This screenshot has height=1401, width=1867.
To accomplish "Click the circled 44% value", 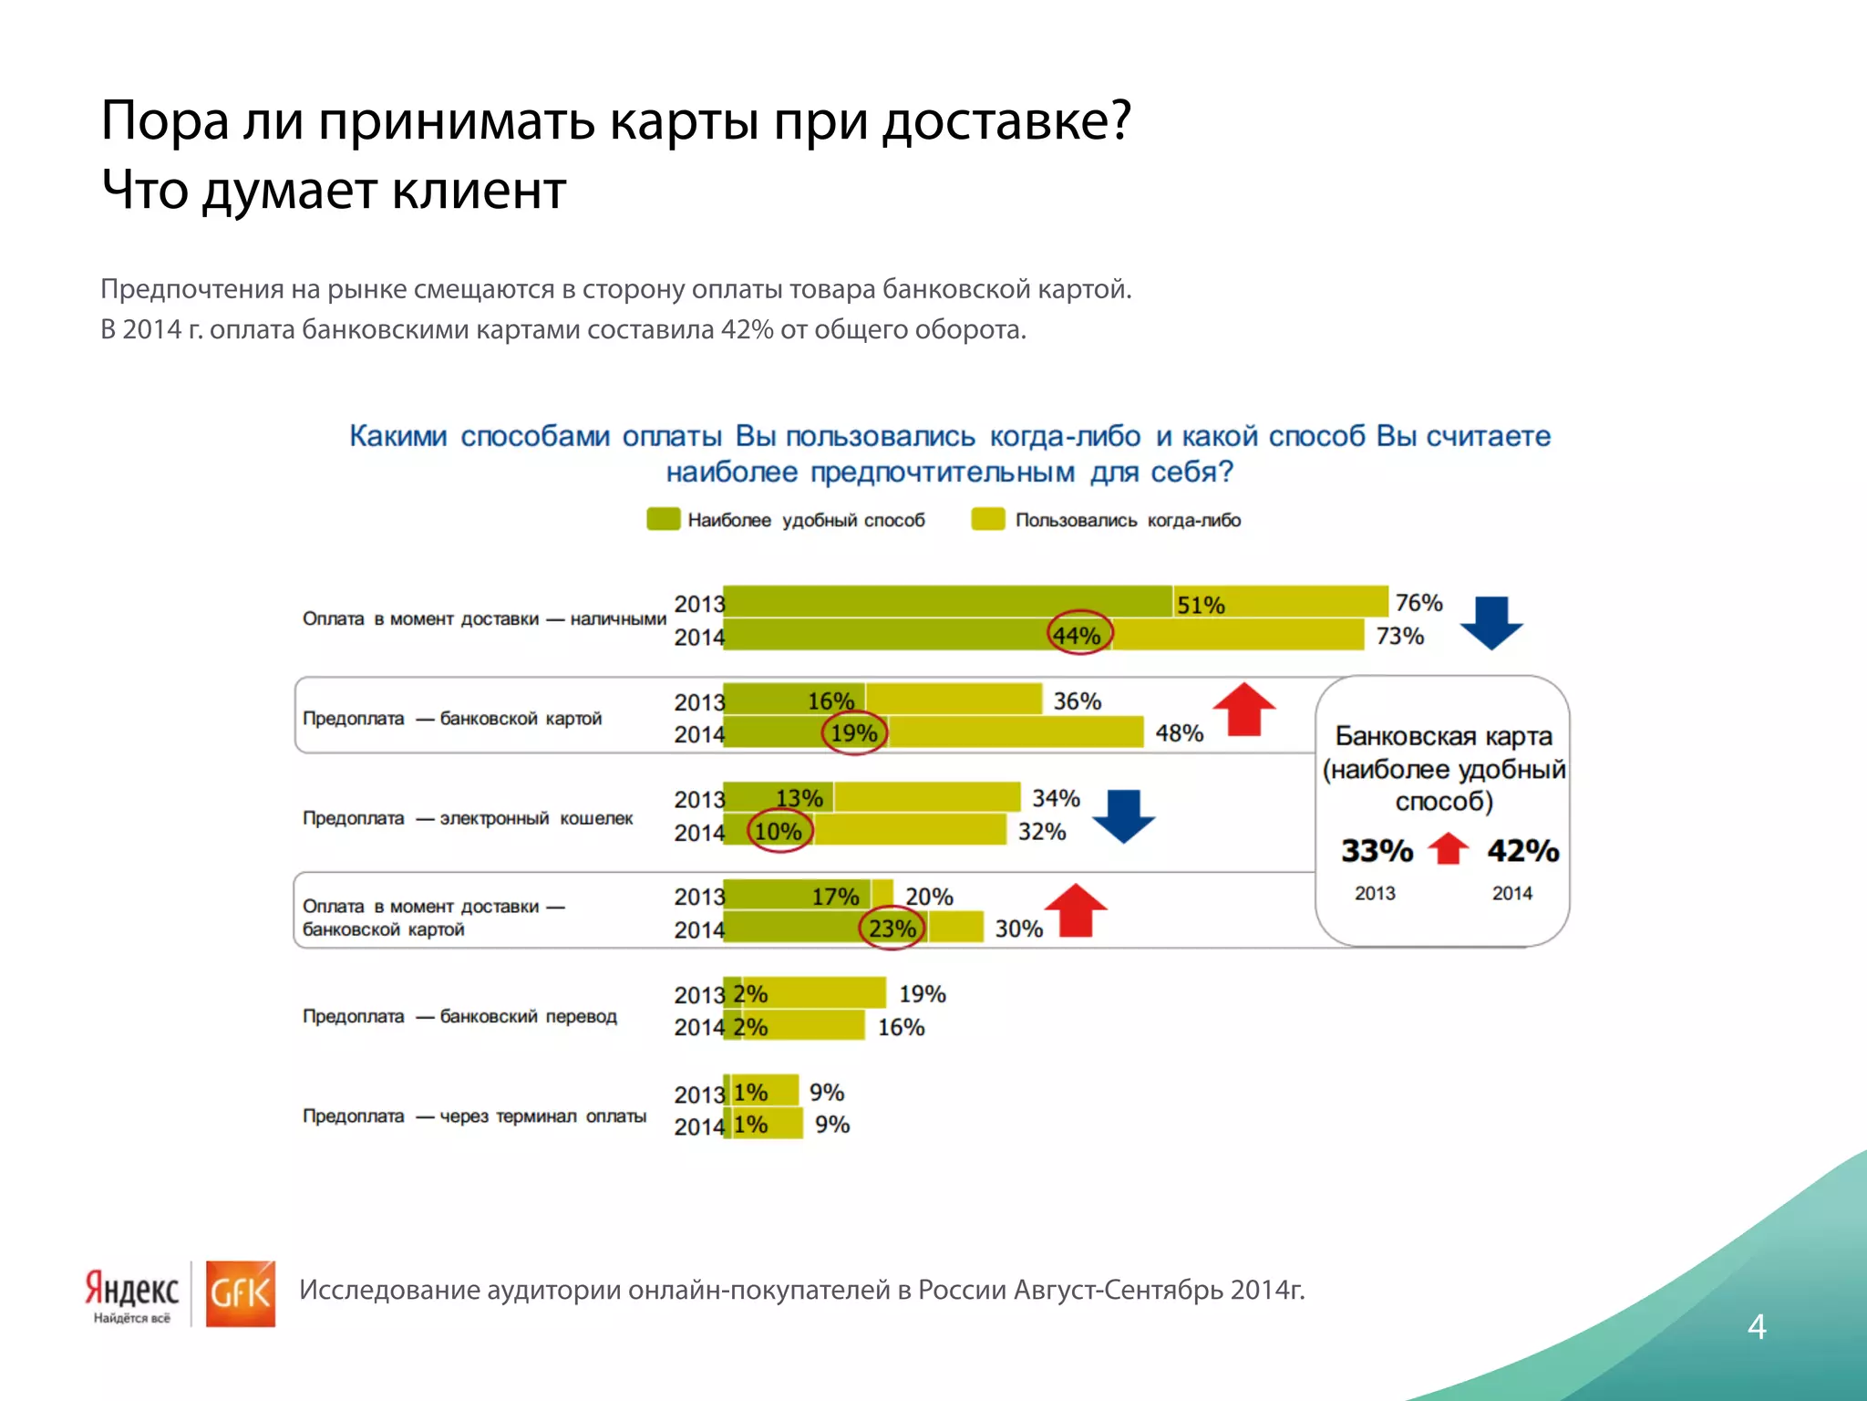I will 1078,635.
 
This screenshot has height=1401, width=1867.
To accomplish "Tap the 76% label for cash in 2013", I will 1418,603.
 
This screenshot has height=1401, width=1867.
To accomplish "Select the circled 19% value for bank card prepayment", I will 854,733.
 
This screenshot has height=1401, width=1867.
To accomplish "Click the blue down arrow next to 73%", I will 1491,623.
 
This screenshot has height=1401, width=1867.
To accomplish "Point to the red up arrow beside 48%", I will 1244,709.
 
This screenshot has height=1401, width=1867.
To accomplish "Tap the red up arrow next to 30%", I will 1076,909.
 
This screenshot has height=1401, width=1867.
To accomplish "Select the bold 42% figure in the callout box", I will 1522,851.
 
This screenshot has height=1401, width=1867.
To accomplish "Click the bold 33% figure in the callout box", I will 1377,851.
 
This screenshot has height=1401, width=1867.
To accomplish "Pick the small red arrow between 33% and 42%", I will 1449,848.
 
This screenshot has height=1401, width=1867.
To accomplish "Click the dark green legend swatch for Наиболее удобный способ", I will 663,519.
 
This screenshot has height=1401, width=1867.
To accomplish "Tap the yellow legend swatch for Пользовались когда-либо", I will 987,519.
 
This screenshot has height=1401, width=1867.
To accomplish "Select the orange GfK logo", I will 240,1293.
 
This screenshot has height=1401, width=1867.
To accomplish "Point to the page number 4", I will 1757,1327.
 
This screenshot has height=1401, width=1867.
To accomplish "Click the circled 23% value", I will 892,929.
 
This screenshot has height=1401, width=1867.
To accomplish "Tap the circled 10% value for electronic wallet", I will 779,832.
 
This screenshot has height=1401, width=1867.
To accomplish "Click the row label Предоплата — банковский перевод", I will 459,1016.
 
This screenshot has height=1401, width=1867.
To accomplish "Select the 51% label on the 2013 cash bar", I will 1200,606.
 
